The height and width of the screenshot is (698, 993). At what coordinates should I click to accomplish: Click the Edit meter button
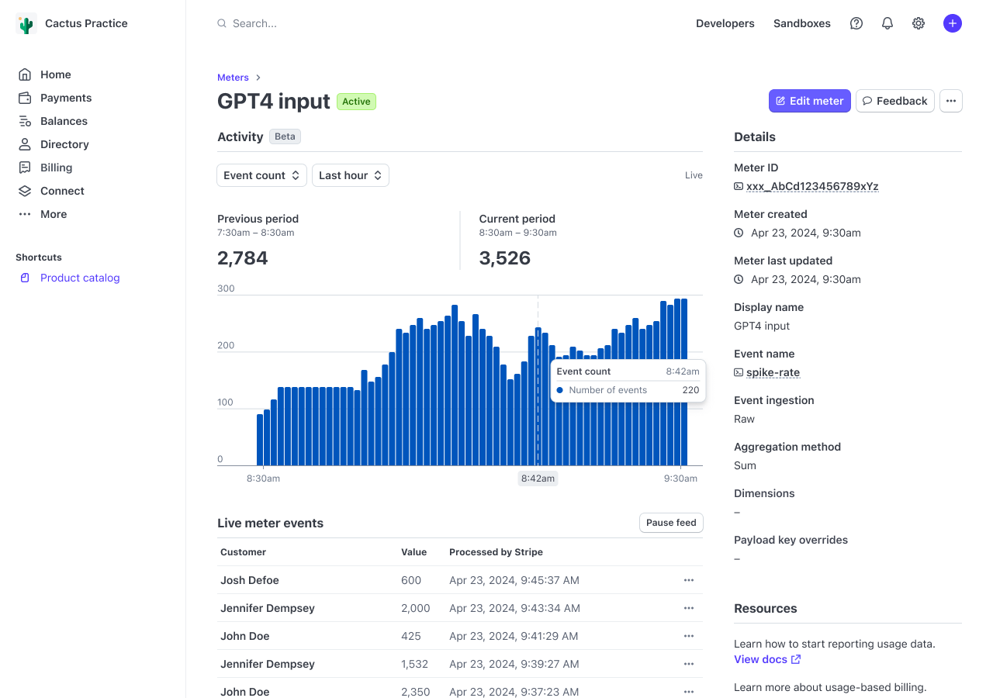coord(809,101)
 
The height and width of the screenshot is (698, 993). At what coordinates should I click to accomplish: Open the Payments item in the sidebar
coord(65,98)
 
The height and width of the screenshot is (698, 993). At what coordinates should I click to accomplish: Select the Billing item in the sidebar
coord(56,168)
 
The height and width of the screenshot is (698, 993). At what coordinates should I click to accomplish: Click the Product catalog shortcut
coord(79,278)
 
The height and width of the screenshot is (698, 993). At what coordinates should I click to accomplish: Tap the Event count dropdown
coord(261,175)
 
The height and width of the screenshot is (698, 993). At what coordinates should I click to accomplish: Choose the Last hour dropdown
coord(350,175)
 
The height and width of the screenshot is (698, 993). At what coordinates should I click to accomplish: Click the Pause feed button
coord(670,523)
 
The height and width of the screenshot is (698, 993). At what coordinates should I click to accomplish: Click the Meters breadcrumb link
coord(233,78)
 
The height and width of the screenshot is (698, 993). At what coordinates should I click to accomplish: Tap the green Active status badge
coord(356,102)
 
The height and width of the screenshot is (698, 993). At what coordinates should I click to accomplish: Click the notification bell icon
coord(887,23)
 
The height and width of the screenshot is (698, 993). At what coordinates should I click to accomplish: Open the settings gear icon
coord(919,23)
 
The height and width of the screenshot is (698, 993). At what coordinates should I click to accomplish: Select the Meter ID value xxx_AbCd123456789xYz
coord(811,186)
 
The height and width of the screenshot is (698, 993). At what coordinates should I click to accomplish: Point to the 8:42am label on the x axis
coord(538,479)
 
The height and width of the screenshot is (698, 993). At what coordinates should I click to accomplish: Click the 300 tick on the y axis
coord(226,289)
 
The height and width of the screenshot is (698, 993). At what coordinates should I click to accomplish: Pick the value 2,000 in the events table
coord(415,608)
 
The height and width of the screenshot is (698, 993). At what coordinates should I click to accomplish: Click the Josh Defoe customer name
coord(249,580)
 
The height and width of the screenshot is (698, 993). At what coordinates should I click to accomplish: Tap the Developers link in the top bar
coord(725,23)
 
